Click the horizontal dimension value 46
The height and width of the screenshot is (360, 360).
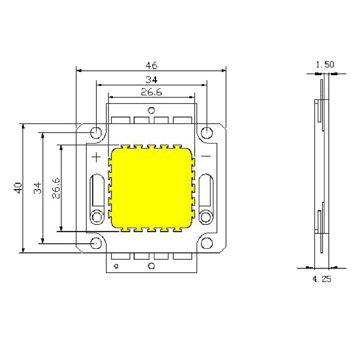tap(151, 65)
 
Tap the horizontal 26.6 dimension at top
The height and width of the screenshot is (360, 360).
tap(151, 92)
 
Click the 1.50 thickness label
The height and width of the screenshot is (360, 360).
tap(325, 65)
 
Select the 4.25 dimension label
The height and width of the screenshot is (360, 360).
tap(321, 279)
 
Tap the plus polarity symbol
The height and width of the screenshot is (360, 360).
tap(96, 157)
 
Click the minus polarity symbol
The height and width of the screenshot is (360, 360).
tap(206, 156)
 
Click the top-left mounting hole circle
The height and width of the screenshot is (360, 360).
tap(96, 133)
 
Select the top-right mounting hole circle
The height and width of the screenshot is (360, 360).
tap(207, 133)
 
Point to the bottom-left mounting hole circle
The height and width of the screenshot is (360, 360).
tap(96, 243)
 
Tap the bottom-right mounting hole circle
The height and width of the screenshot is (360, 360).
tap(207, 243)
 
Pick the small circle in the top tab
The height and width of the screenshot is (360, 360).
tap(152, 110)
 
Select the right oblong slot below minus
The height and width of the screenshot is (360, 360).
tap(206, 189)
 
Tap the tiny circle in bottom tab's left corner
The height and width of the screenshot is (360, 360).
tap(116, 266)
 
